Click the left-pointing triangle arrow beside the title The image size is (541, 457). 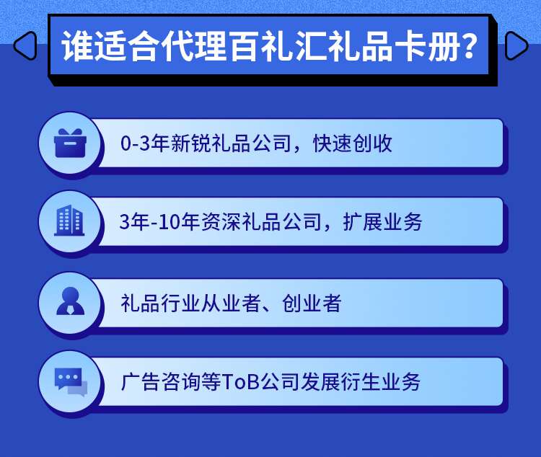(24, 45)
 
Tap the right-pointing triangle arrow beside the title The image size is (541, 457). (517, 45)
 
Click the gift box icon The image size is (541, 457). (70, 143)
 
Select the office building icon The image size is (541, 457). (69, 221)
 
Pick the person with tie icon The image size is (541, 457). (71, 301)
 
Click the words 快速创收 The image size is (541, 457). (352, 143)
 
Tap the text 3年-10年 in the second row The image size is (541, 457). (160, 221)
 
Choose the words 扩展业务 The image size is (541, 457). (382, 221)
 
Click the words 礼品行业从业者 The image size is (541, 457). (190, 303)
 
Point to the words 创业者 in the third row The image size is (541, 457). (312, 303)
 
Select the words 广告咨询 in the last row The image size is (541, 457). (161, 382)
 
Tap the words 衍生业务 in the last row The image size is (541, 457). (381, 382)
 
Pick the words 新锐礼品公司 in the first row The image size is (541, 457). (231, 143)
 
